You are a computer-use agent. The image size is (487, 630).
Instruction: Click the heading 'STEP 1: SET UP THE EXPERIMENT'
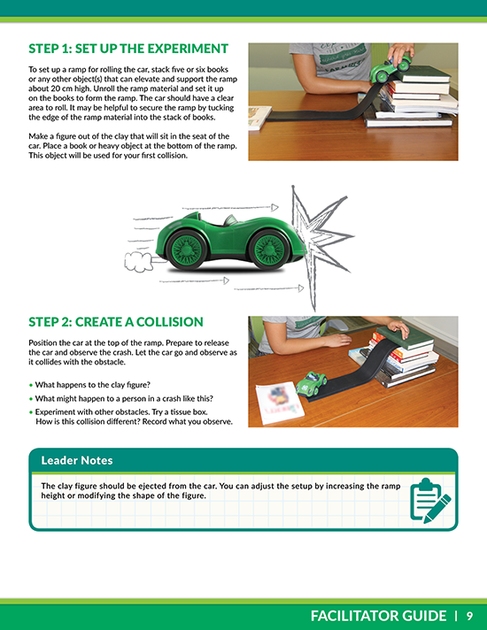click(x=128, y=49)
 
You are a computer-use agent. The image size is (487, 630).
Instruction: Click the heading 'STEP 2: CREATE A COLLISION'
click(x=116, y=321)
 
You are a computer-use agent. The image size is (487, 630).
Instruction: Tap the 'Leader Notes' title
click(x=77, y=460)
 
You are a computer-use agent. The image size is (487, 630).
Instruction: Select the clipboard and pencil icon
click(x=430, y=499)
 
